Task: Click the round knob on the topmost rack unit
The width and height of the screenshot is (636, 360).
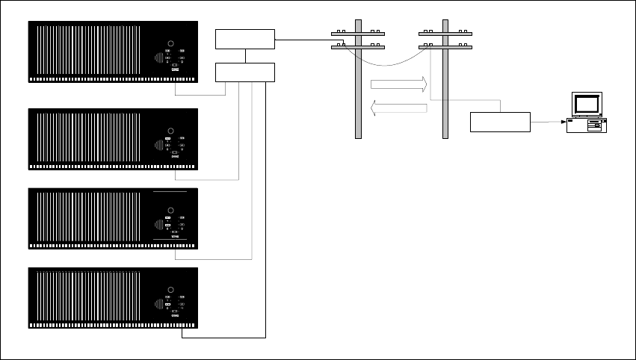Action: (170, 45)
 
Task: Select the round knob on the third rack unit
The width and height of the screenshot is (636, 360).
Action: (170, 211)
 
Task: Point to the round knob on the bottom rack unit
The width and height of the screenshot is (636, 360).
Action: (170, 289)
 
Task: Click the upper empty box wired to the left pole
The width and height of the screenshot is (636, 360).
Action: (245, 39)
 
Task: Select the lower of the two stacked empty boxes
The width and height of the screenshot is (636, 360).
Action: (245, 72)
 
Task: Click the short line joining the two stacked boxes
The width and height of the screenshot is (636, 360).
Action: (245, 56)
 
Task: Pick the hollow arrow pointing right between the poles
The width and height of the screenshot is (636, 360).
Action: (398, 83)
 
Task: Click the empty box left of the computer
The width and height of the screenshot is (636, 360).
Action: (500, 121)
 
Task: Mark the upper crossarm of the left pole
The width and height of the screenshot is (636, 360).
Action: (358, 34)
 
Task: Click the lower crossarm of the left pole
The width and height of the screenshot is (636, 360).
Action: (358, 48)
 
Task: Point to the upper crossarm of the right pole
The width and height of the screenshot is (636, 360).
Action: (445, 34)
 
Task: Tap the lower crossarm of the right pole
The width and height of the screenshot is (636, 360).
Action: (445, 48)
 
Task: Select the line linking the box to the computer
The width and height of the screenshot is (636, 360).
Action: (547, 121)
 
